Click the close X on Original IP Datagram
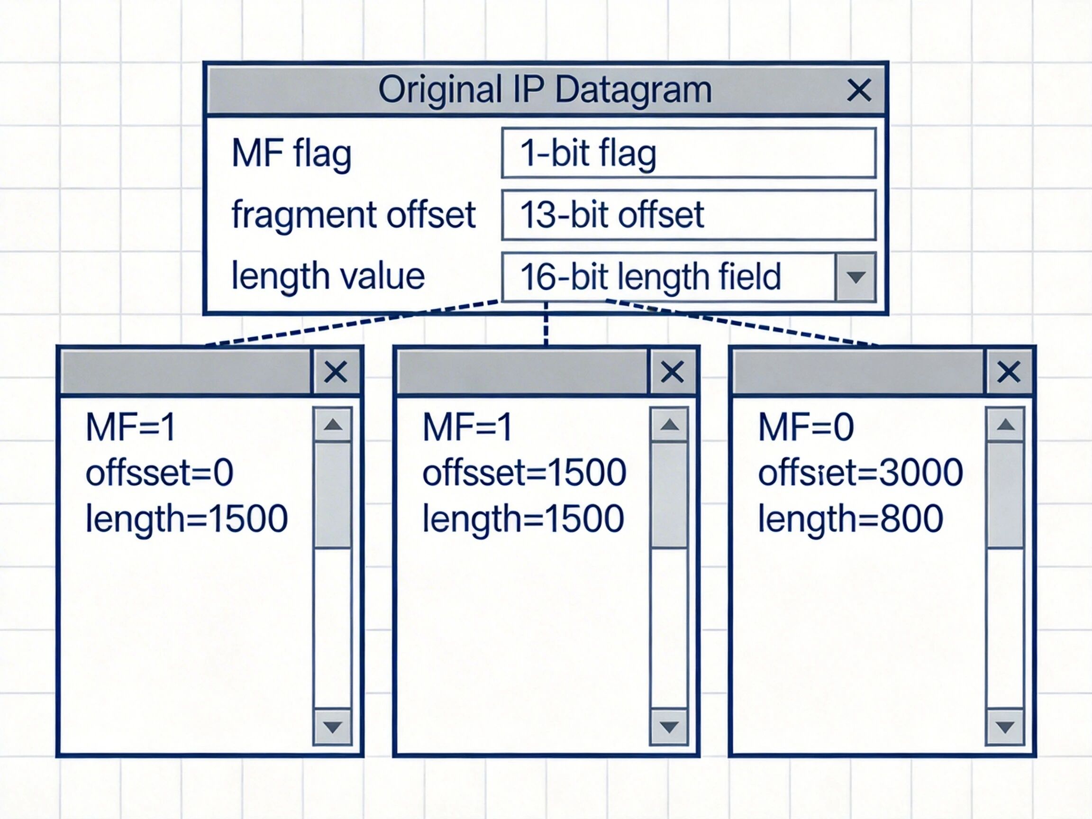[858, 90]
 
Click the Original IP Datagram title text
[545, 90]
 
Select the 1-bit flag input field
[688, 153]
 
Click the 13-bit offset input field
[688, 215]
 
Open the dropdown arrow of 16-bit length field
[855, 277]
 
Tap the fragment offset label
[354, 215]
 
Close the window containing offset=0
[336, 372]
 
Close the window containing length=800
[1009, 372]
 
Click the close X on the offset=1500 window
[672, 372]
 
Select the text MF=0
[806, 427]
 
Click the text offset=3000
[860, 473]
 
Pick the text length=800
[850, 519]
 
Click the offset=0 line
[159, 473]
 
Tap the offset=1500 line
[524, 473]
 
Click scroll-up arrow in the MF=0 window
[1006, 425]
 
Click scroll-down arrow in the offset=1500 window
[669, 727]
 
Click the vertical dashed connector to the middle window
[546, 323]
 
